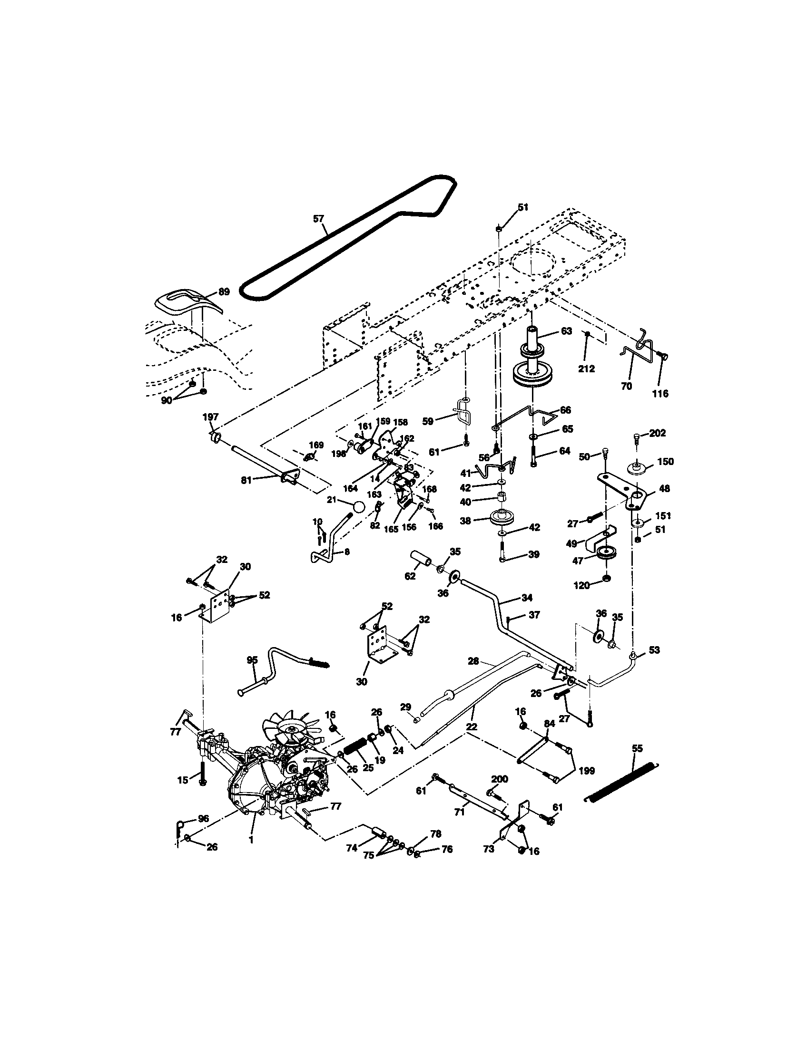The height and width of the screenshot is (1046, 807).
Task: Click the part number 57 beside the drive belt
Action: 318,219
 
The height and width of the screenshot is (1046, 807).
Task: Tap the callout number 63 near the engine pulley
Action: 566,331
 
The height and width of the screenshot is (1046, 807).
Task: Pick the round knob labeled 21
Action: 358,506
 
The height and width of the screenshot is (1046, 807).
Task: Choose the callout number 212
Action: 587,369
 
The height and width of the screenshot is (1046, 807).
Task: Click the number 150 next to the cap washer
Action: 666,462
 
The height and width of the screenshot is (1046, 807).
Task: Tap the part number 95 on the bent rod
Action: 252,660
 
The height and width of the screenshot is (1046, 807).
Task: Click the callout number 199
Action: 587,771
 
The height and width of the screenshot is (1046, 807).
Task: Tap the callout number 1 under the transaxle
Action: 251,840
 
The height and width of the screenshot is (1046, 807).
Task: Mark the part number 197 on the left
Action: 210,417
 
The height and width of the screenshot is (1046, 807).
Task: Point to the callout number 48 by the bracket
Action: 664,488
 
